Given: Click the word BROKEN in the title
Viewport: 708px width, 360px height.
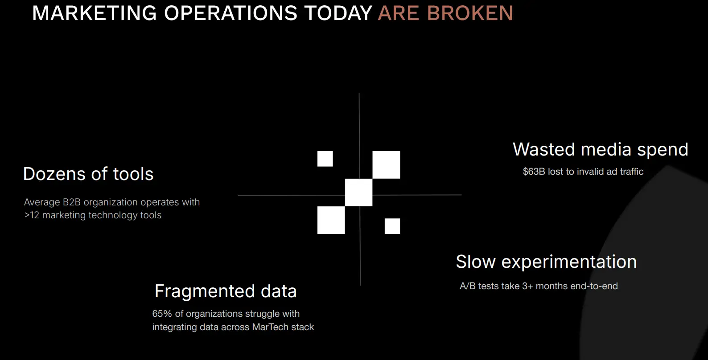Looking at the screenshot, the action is (470, 13).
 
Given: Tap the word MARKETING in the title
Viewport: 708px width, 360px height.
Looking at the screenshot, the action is (95, 13).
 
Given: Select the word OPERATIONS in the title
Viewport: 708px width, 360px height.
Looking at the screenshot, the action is (231, 13).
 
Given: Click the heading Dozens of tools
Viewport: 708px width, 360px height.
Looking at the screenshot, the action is (88, 174).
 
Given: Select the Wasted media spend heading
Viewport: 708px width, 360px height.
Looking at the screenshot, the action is (601, 149).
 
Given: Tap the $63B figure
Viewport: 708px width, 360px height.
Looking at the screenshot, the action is (534, 172).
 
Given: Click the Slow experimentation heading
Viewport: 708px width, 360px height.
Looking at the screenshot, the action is (546, 262).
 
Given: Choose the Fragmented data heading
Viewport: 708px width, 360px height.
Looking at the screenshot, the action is (226, 291).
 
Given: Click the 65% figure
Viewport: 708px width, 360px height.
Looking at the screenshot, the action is (162, 314).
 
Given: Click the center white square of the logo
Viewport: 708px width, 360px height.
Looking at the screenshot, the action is (359, 192).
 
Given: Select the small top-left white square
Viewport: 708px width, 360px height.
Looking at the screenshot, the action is (325, 159).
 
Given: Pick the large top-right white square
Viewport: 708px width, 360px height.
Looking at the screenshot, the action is (386, 165).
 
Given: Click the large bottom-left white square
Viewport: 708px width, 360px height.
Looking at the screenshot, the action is (331, 220).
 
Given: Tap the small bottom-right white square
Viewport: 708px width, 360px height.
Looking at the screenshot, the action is (392, 226).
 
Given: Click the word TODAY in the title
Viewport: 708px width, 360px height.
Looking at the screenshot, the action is (338, 13).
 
